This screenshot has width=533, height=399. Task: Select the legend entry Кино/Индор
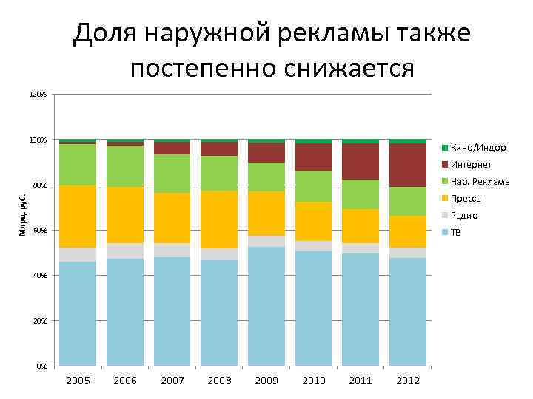[477, 148]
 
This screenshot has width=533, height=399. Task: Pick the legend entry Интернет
[470, 165]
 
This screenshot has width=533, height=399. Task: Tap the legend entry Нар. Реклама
[479, 182]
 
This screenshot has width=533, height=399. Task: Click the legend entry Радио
[463, 216]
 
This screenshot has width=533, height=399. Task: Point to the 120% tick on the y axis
[38, 95]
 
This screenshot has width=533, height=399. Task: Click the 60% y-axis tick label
[40, 231]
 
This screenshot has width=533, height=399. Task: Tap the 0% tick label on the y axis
[42, 366]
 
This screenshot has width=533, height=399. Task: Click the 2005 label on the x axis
[78, 381]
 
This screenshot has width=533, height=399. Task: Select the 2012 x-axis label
[408, 381]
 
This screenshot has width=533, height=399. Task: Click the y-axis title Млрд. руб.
[22, 214]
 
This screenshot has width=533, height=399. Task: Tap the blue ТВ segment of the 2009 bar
[266, 307]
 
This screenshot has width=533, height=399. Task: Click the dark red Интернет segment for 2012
[408, 166]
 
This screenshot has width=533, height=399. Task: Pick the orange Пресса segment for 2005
[78, 216]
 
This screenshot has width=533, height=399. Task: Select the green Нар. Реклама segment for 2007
[172, 174]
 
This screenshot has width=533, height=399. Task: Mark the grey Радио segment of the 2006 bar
[125, 251]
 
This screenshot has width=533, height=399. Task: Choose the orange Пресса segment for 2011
[361, 226]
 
